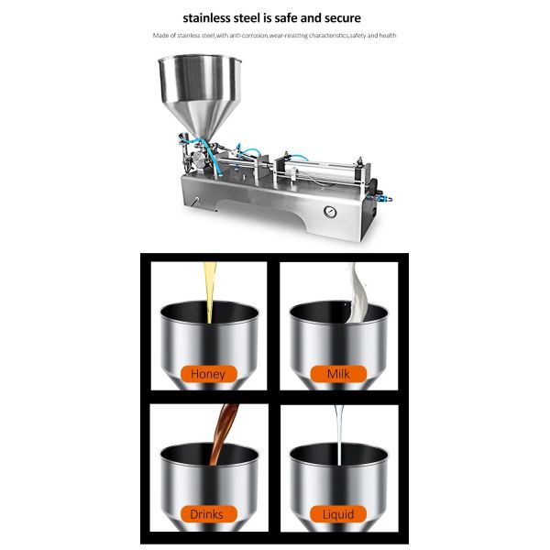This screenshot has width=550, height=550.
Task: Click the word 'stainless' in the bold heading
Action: coord(211,17)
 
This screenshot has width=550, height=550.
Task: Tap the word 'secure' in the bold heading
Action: coord(340,17)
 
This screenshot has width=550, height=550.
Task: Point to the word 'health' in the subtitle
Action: coord(387,37)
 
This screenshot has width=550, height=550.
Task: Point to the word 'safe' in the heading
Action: coord(283,17)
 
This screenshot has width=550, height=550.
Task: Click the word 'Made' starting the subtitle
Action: coord(161,37)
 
